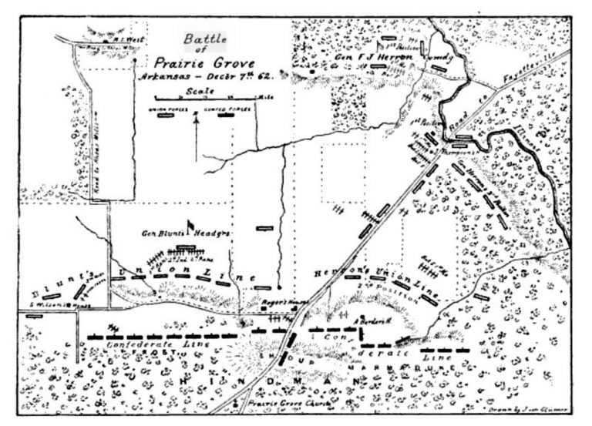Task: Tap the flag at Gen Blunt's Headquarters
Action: coord(191,226)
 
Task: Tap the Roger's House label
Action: coord(277,303)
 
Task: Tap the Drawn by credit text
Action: coord(532,414)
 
